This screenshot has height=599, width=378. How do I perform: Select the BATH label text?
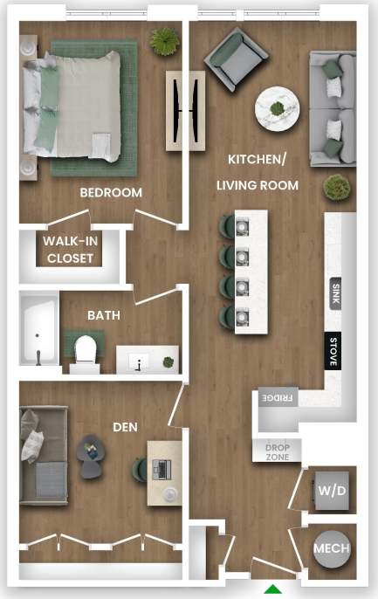[x=104, y=315]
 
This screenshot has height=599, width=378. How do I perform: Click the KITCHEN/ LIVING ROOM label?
[x=263, y=172]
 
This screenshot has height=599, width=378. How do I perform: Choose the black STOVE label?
[x=333, y=351]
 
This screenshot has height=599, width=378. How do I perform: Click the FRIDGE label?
[x=278, y=398]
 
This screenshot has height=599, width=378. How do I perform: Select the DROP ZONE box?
[x=278, y=451]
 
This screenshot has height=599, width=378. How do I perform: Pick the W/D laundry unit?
[x=332, y=492]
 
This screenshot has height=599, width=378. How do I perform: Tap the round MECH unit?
[x=333, y=549]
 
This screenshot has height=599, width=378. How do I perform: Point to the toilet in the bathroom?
[x=85, y=349]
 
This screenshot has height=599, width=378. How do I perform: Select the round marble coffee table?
[x=278, y=109]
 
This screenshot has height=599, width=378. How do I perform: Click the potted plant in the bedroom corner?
[x=162, y=39]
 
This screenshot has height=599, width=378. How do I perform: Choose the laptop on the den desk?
[x=161, y=469]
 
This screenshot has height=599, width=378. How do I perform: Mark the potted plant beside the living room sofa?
[x=334, y=187]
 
